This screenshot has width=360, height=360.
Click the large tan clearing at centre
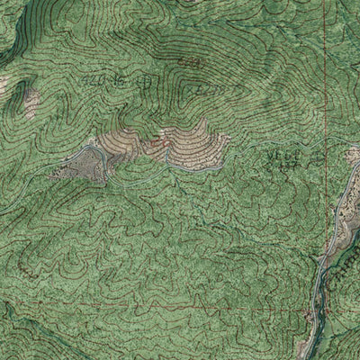coord(184,142)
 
